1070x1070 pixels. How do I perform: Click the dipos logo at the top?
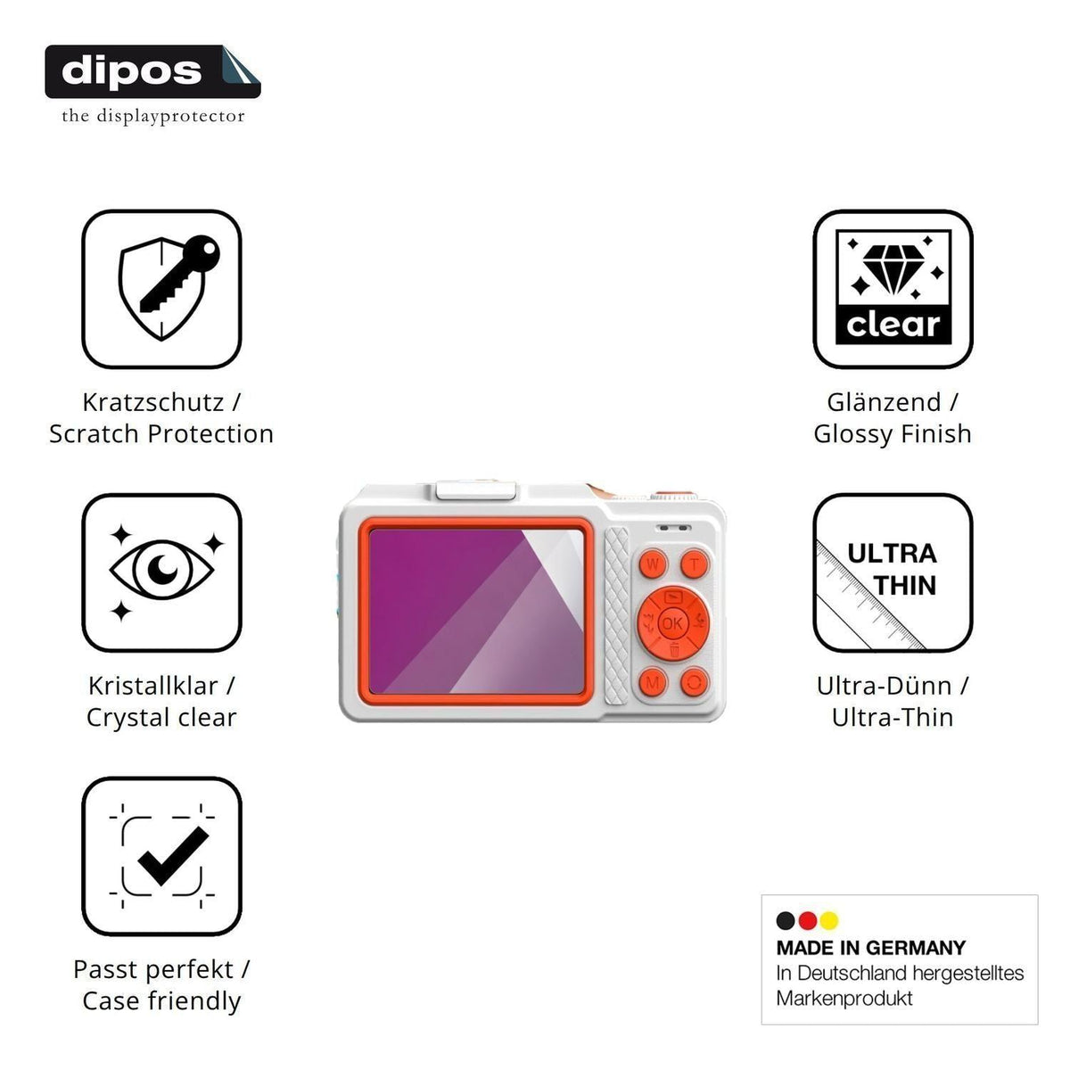pyautogui.click(x=152, y=71)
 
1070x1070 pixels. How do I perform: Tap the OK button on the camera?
pyautogui.click(x=672, y=623)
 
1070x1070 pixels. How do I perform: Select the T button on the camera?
pyautogui.click(x=694, y=564)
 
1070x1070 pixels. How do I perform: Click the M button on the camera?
pyautogui.click(x=653, y=682)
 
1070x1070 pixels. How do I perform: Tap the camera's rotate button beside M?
pyautogui.click(x=694, y=682)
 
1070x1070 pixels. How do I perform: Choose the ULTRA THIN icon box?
pyautogui.click(x=893, y=572)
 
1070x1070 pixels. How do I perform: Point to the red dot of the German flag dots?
pyautogui.click(x=807, y=920)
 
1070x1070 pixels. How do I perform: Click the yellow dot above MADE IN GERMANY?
pyautogui.click(x=829, y=920)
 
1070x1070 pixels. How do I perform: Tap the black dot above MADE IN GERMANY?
pyautogui.click(x=786, y=920)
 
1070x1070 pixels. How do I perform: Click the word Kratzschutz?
pyautogui.click(x=153, y=402)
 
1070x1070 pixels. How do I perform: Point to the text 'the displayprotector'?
pyautogui.click(x=153, y=116)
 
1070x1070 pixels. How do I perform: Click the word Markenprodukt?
pyautogui.click(x=844, y=999)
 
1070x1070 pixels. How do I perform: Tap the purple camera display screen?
pyautogui.click(x=476, y=612)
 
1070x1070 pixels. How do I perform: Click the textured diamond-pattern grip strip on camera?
pyautogui.click(x=616, y=615)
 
